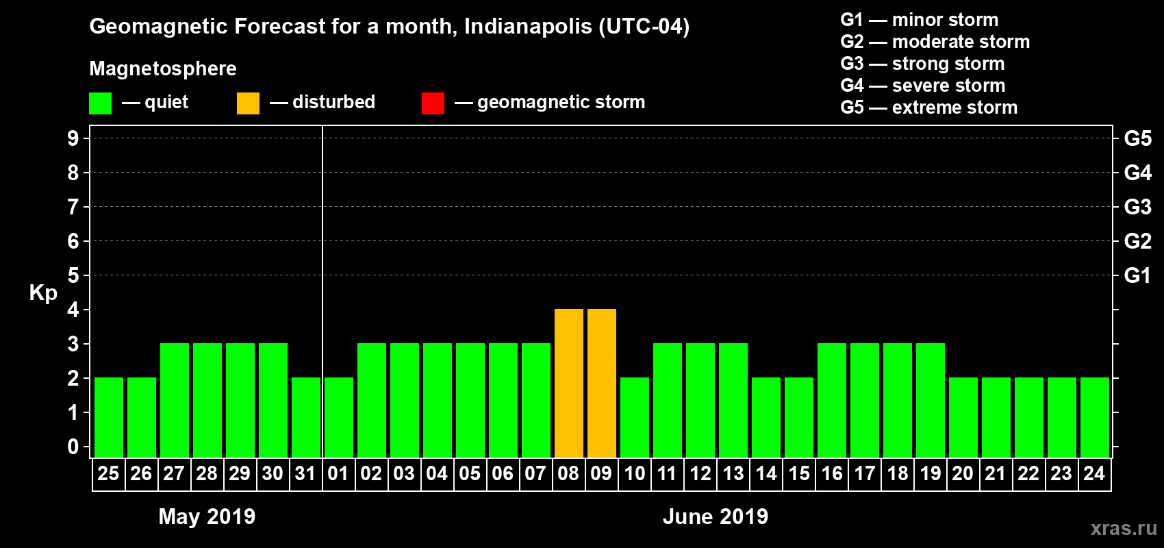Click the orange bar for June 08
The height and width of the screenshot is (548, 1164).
[x=569, y=383]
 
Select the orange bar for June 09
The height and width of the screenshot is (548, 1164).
[x=602, y=383]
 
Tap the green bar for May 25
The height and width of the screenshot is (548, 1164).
[x=109, y=417]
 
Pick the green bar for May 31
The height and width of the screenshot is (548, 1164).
[x=306, y=417]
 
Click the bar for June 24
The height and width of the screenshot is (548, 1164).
[x=1095, y=417]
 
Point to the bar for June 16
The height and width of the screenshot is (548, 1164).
[x=832, y=400]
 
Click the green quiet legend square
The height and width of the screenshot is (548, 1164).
[x=101, y=103]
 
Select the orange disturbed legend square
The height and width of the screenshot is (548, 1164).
[x=248, y=103]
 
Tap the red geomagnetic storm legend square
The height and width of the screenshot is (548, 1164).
[x=433, y=103]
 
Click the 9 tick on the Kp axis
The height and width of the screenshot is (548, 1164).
[x=73, y=138]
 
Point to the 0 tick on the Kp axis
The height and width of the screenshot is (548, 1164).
[x=73, y=447]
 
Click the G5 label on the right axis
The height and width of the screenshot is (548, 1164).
[x=1137, y=138]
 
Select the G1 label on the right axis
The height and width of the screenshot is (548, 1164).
[x=1137, y=275]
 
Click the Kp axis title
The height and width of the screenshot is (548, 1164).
[x=43, y=292]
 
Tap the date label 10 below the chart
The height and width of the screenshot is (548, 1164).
[x=635, y=473]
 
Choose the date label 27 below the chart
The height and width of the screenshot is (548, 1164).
[x=174, y=473]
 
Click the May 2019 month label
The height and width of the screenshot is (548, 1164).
[x=207, y=516]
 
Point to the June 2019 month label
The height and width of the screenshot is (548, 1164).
[x=716, y=516]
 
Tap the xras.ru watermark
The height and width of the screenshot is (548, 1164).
[x=1124, y=528]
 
